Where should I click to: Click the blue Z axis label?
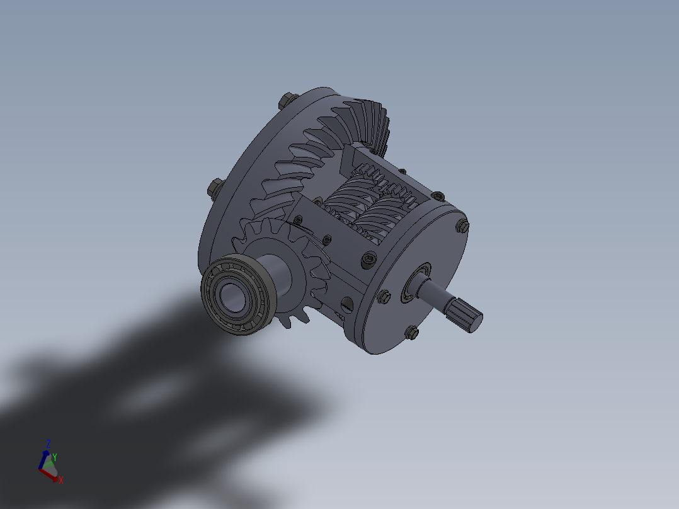(48, 443)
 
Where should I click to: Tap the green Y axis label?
(55, 456)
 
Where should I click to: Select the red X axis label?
(60, 480)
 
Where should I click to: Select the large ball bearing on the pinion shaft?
(237, 295)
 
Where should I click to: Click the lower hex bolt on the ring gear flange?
(214, 187)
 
